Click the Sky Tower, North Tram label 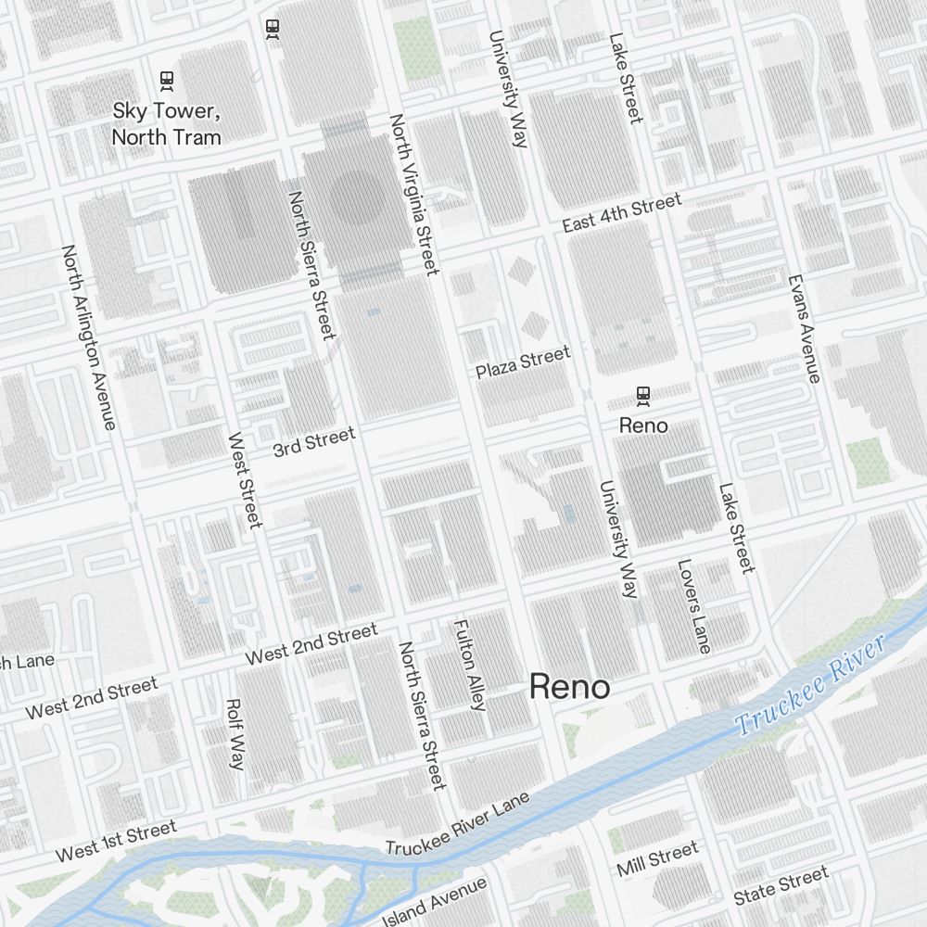[167, 124]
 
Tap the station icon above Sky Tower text [167, 82]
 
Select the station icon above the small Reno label [643, 397]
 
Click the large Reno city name [569, 688]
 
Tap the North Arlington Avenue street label [89, 337]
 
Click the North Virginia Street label [413, 195]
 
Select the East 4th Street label [622, 213]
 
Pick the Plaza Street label [523, 362]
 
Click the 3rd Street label [313, 442]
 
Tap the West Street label [245, 480]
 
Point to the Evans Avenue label [804, 328]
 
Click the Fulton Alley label [469, 665]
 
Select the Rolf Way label [235, 734]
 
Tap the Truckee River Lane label [458, 824]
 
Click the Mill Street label [657, 859]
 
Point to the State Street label [781, 886]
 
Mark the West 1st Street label [116, 842]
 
